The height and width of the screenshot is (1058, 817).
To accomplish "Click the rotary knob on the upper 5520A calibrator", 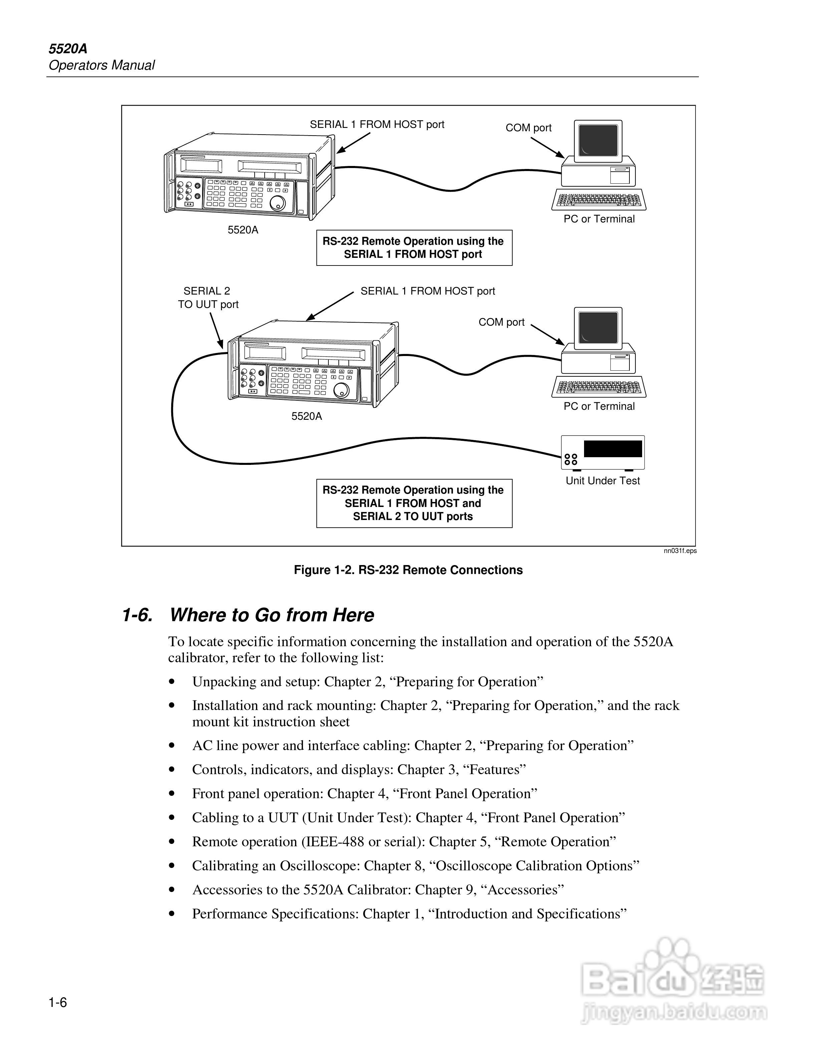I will click(277, 203).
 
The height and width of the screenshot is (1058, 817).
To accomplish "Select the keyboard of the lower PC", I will click(599, 387).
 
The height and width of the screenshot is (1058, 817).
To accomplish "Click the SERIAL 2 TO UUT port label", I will click(208, 298).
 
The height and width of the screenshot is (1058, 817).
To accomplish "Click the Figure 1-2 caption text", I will click(408, 570).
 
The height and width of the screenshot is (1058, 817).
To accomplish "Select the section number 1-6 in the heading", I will click(138, 615).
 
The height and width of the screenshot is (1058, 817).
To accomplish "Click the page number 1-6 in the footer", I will click(58, 1002).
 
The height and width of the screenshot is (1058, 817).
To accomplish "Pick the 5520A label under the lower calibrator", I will click(306, 416).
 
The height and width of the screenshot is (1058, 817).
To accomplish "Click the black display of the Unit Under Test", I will click(613, 449).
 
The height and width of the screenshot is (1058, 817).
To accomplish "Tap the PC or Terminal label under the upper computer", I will click(599, 219).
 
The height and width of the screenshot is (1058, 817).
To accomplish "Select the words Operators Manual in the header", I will click(102, 65).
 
